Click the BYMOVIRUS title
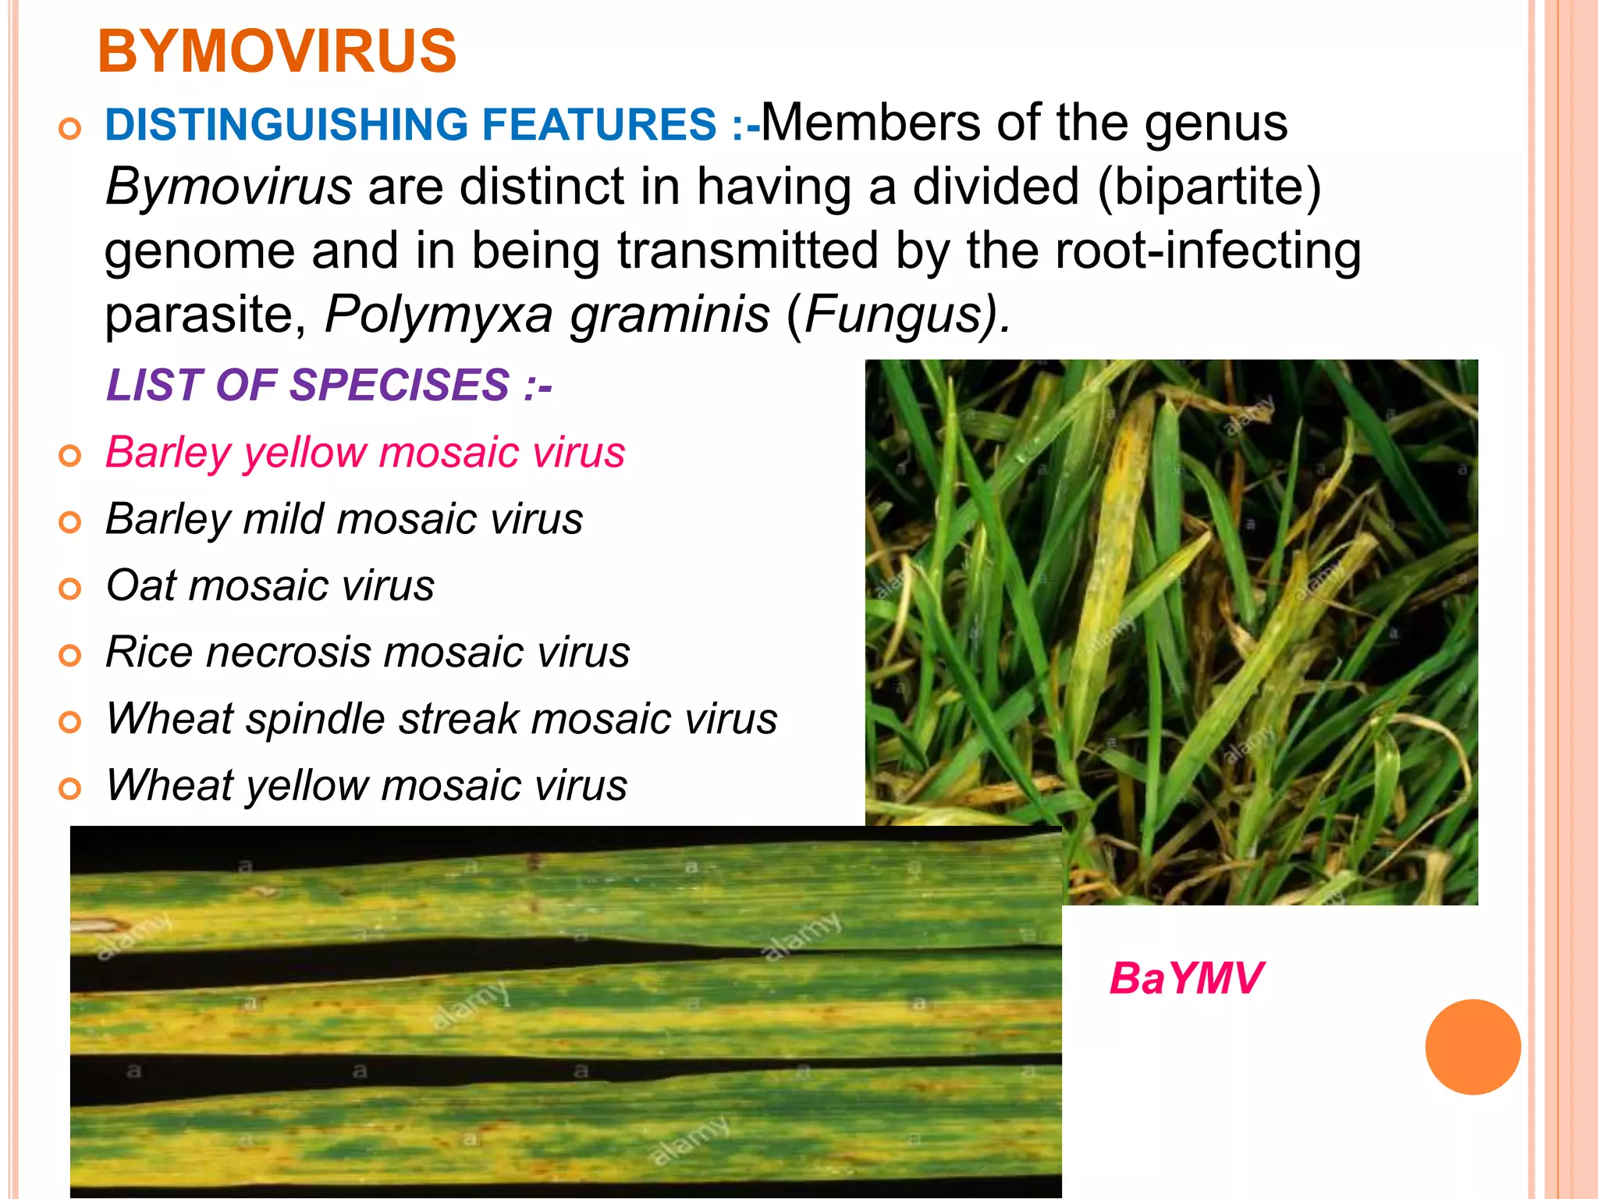(277, 52)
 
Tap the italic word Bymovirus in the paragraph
(229, 187)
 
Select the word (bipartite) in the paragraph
(1209, 187)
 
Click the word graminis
(669, 314)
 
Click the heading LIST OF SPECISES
(328, 385)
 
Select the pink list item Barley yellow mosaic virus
(364, 452)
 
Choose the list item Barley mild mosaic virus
(344, 518)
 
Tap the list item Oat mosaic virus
(270, 585)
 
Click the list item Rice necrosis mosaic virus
(368, 652)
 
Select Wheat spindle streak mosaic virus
(442, 718)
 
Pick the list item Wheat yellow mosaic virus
(366, 785)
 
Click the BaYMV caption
(1185, 978)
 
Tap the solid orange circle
(1472, 1047)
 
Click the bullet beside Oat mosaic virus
(70, 589)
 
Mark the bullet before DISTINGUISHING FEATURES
(70, 128)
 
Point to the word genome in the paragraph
(200, 252)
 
